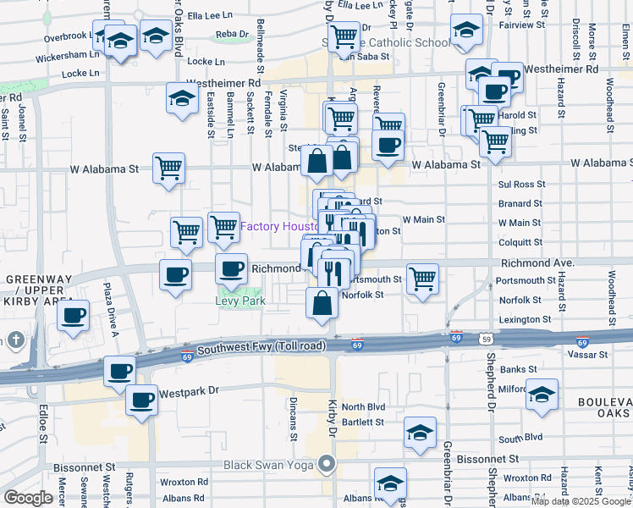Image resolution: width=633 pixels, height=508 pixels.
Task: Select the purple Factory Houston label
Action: pyautogui.click(x=278, y=227)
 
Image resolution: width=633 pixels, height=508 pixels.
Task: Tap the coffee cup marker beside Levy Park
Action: pyautogui.click(x=231, y=270)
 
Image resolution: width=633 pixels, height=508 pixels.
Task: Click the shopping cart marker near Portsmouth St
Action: pyautogui.click(x=422, y=277)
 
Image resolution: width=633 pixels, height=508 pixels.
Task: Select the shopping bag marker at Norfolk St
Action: pyautogui.click(x=322, y=302)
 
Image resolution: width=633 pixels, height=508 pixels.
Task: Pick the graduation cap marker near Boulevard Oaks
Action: pyautogui.click(x=542, y=394)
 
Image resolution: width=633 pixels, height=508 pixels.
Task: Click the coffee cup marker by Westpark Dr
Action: pyautogui.click(x=141, y=400)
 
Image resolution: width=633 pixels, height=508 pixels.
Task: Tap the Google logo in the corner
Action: pyautogui.click(x=28, y=498)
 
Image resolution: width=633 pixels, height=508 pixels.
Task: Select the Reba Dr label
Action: pyautogui.click(x=233, y=34)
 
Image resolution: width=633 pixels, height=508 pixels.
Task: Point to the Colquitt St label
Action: pyautogui.click(x=520, y=241)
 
